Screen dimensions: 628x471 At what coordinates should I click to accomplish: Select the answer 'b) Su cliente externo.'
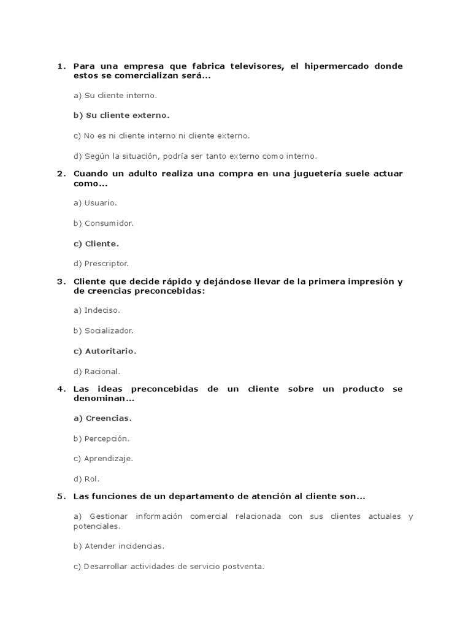121,115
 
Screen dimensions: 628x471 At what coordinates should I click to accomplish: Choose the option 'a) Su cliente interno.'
115,96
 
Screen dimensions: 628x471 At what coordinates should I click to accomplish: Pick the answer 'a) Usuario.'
95,202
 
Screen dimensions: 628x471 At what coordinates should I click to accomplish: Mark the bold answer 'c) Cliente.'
96,243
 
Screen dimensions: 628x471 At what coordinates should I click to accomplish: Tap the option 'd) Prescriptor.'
101,264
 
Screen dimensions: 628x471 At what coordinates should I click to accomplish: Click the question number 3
60,281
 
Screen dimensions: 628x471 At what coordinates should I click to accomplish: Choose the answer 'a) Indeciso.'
97,310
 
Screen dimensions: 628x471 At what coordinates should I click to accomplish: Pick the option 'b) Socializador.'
103,331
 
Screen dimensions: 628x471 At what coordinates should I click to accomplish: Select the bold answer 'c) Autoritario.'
105,351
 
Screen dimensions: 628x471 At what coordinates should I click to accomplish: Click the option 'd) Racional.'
97,371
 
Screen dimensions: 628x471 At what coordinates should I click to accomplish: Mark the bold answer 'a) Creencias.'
102,418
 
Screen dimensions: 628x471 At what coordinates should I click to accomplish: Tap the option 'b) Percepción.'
101,438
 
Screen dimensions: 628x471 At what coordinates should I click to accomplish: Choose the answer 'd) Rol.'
86,478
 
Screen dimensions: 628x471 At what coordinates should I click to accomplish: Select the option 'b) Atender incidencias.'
119,546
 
